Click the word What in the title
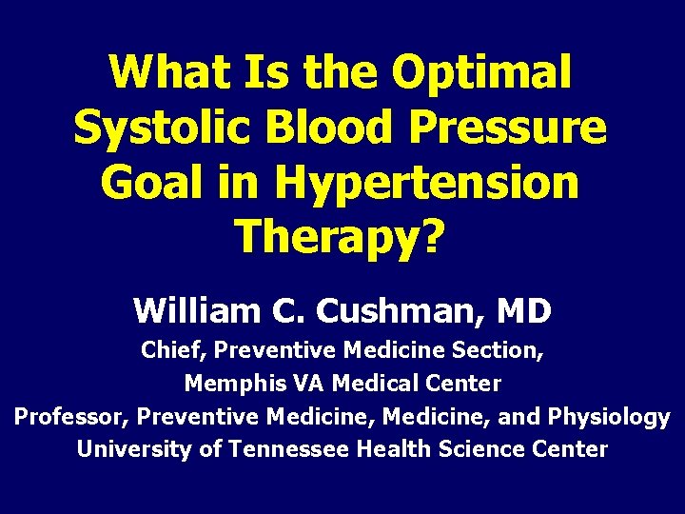coord(167,73)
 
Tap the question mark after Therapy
coord(432,237)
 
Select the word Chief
coord(172,350)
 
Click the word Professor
coord(70,417)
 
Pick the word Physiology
coord(615,417)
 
